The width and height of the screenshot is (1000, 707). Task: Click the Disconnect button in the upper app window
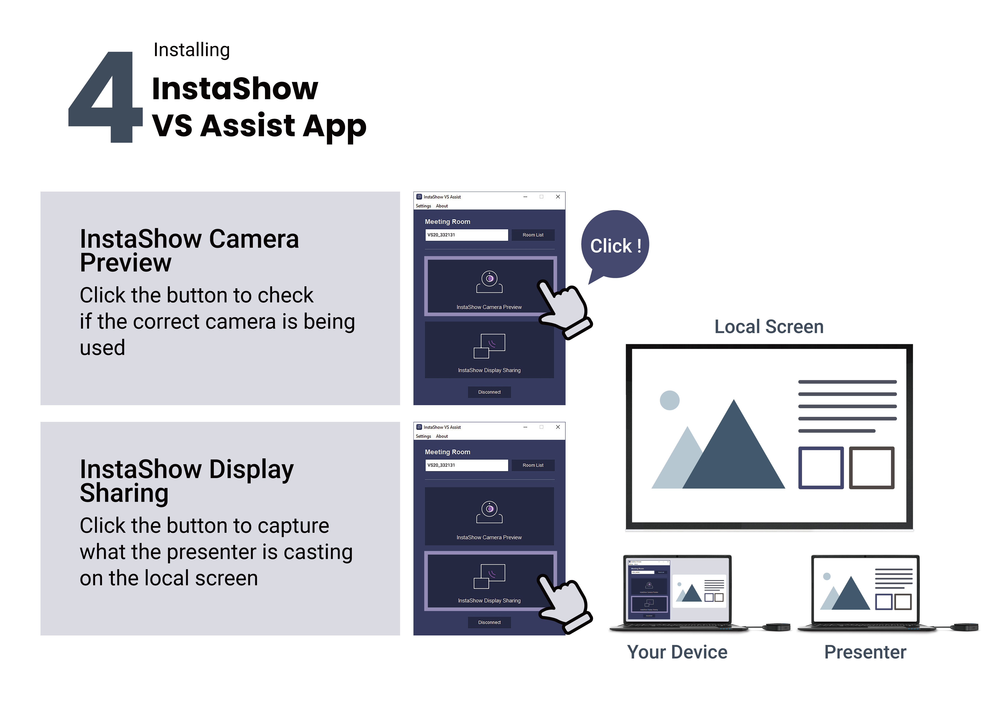489,392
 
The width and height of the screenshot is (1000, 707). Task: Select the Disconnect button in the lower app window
489,622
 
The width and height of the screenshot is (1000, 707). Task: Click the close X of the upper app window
558,197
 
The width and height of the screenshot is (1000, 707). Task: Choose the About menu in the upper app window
442,206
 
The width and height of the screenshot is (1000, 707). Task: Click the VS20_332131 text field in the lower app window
466,465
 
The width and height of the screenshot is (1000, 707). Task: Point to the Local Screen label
769,327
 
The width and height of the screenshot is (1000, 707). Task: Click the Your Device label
677,652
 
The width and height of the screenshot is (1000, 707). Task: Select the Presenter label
865,652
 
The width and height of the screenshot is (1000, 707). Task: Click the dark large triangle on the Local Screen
734,457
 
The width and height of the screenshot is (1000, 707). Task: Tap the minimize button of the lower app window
525,427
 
